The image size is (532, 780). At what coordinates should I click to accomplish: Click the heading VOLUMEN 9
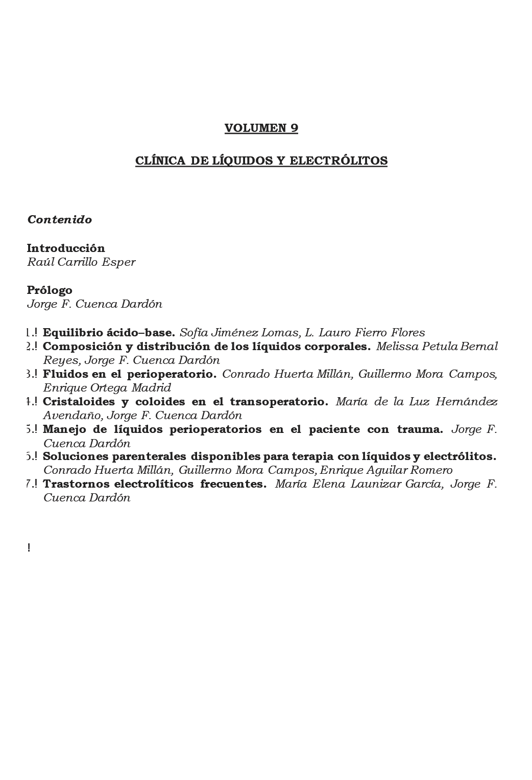[261, 128]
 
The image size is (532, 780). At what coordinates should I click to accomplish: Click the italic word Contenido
[59, 220]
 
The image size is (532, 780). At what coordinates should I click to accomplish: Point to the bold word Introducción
[66, 248]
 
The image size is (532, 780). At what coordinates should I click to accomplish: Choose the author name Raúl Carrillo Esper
[81, 262]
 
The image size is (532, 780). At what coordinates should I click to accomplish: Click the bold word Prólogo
[50, 290]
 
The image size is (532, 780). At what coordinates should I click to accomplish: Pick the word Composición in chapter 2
[79, 347]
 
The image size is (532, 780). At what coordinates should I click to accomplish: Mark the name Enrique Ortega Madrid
[107, 388]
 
